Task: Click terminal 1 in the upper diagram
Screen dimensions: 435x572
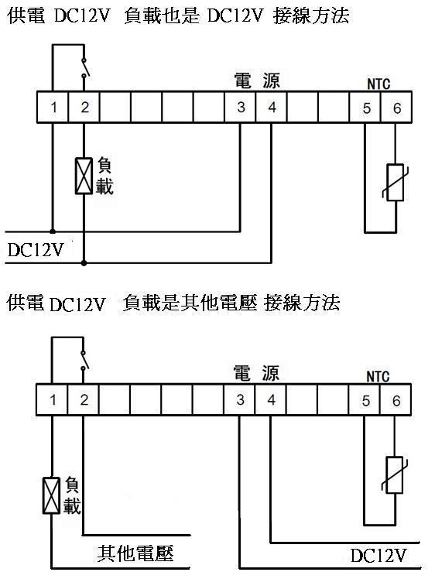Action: click(x=53, y=107)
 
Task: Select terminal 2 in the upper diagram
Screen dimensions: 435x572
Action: click(x=84, y=107)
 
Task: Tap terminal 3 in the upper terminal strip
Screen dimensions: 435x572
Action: click(x=240, y=107)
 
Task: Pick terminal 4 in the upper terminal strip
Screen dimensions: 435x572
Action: click(x=272, y=107)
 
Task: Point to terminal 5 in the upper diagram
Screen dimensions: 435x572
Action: click(x=365, y=107)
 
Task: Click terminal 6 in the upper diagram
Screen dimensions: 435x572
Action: click(x=396, y=107)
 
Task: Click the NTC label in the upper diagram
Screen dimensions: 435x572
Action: click(x=378, y=84)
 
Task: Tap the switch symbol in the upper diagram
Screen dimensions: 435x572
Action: click(x=84, y=67)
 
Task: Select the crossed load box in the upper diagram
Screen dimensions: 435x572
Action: click(x=84, y=176)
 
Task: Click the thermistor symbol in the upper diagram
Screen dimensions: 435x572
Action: click(x=396, y=183)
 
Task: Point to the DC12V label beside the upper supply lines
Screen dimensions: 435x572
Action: click(x=36, y=250)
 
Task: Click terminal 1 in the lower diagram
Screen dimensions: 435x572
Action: click(x=52, y=399)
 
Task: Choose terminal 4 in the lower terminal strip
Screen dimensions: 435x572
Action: click(x=270, y=399)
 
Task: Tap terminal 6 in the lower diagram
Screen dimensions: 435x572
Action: click(x=396, y=399)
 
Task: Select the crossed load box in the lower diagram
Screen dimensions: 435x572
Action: click(x=51, y=495)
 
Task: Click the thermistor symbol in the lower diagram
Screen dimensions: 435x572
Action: click(x=394, y=475)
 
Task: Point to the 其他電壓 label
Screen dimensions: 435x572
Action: click(x=135, y=553)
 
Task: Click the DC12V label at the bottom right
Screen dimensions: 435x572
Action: click(x=378, y=556)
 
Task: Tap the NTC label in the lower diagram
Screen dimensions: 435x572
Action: click(x=378, y=377)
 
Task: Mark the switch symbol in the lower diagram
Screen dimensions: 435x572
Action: click(x=84, y=360)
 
